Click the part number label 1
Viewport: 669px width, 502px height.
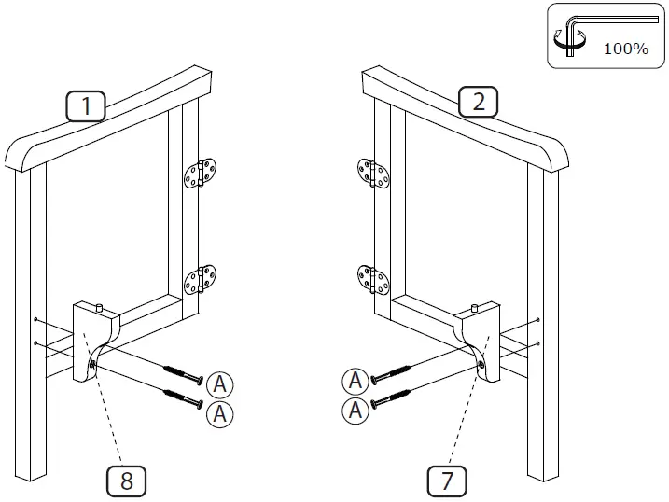87,106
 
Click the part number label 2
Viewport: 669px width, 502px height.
479,102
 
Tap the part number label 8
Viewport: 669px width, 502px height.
126,481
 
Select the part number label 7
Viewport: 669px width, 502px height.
447,481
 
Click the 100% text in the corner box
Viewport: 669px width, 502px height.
625,49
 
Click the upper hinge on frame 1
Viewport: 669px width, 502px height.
197,174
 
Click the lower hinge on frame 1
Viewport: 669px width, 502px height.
197,279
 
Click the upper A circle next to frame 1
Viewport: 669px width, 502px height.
219,383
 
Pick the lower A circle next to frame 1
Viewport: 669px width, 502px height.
219,413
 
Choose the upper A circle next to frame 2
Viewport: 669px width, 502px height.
355,380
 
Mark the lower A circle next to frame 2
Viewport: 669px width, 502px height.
355,409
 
